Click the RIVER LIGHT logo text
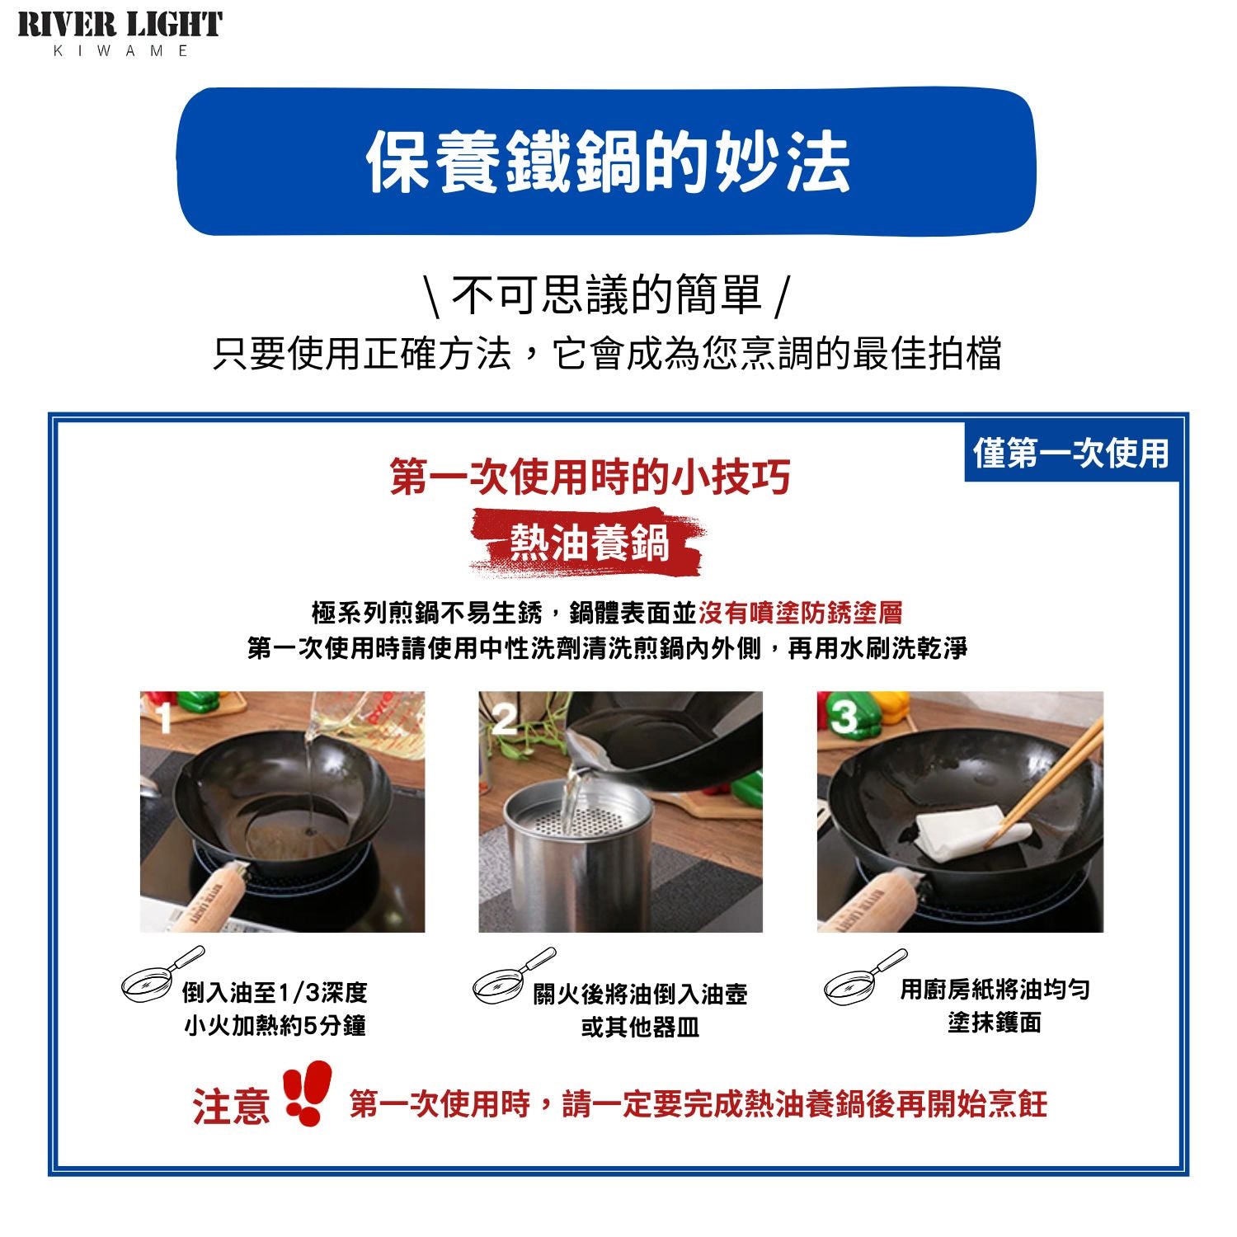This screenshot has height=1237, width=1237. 120,25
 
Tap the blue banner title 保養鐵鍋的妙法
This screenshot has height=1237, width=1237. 608,162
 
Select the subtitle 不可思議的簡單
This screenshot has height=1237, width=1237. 607,295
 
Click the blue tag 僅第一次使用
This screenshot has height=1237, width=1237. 1071,453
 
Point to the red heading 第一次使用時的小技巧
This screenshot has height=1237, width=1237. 590,477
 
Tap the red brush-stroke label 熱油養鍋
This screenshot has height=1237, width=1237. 589,543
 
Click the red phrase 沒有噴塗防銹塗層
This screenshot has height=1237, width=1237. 800,613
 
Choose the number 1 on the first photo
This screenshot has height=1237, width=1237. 165,717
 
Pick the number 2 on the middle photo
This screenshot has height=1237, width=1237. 504,720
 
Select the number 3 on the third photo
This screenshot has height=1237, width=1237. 844,717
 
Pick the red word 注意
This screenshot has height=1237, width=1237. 231,1106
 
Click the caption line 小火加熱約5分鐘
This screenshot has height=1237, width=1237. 275,1026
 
